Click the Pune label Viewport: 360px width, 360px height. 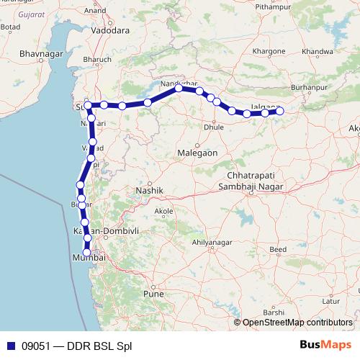pos(154,294)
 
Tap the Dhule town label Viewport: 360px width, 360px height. pos(214,127)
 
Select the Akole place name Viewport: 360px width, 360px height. pos(164,211)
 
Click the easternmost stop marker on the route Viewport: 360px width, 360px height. pos(280,110)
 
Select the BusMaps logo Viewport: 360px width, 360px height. pos(325,345)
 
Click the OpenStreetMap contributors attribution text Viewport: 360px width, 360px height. pos(297,323)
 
